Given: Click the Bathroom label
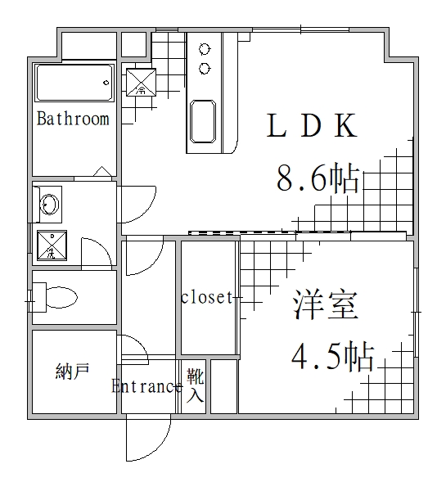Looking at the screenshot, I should [x=73, y=119].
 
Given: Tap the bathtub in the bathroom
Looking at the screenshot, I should [x=73, y=82].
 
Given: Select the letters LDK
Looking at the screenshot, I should [x=312, y=126].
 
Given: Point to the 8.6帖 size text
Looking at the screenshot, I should [x=318, y=178].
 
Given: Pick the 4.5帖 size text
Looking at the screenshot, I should [x=333, y=356].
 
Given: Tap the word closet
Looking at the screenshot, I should [x=207, y=297].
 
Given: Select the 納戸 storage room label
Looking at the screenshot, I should [x=72, y=372].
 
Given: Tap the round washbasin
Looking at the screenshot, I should [x=50, y=203].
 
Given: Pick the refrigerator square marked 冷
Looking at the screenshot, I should [x=140, y=81].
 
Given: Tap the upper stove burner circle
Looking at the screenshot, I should [x=205, y=49].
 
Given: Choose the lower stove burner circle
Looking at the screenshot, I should [x=205, y=67].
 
